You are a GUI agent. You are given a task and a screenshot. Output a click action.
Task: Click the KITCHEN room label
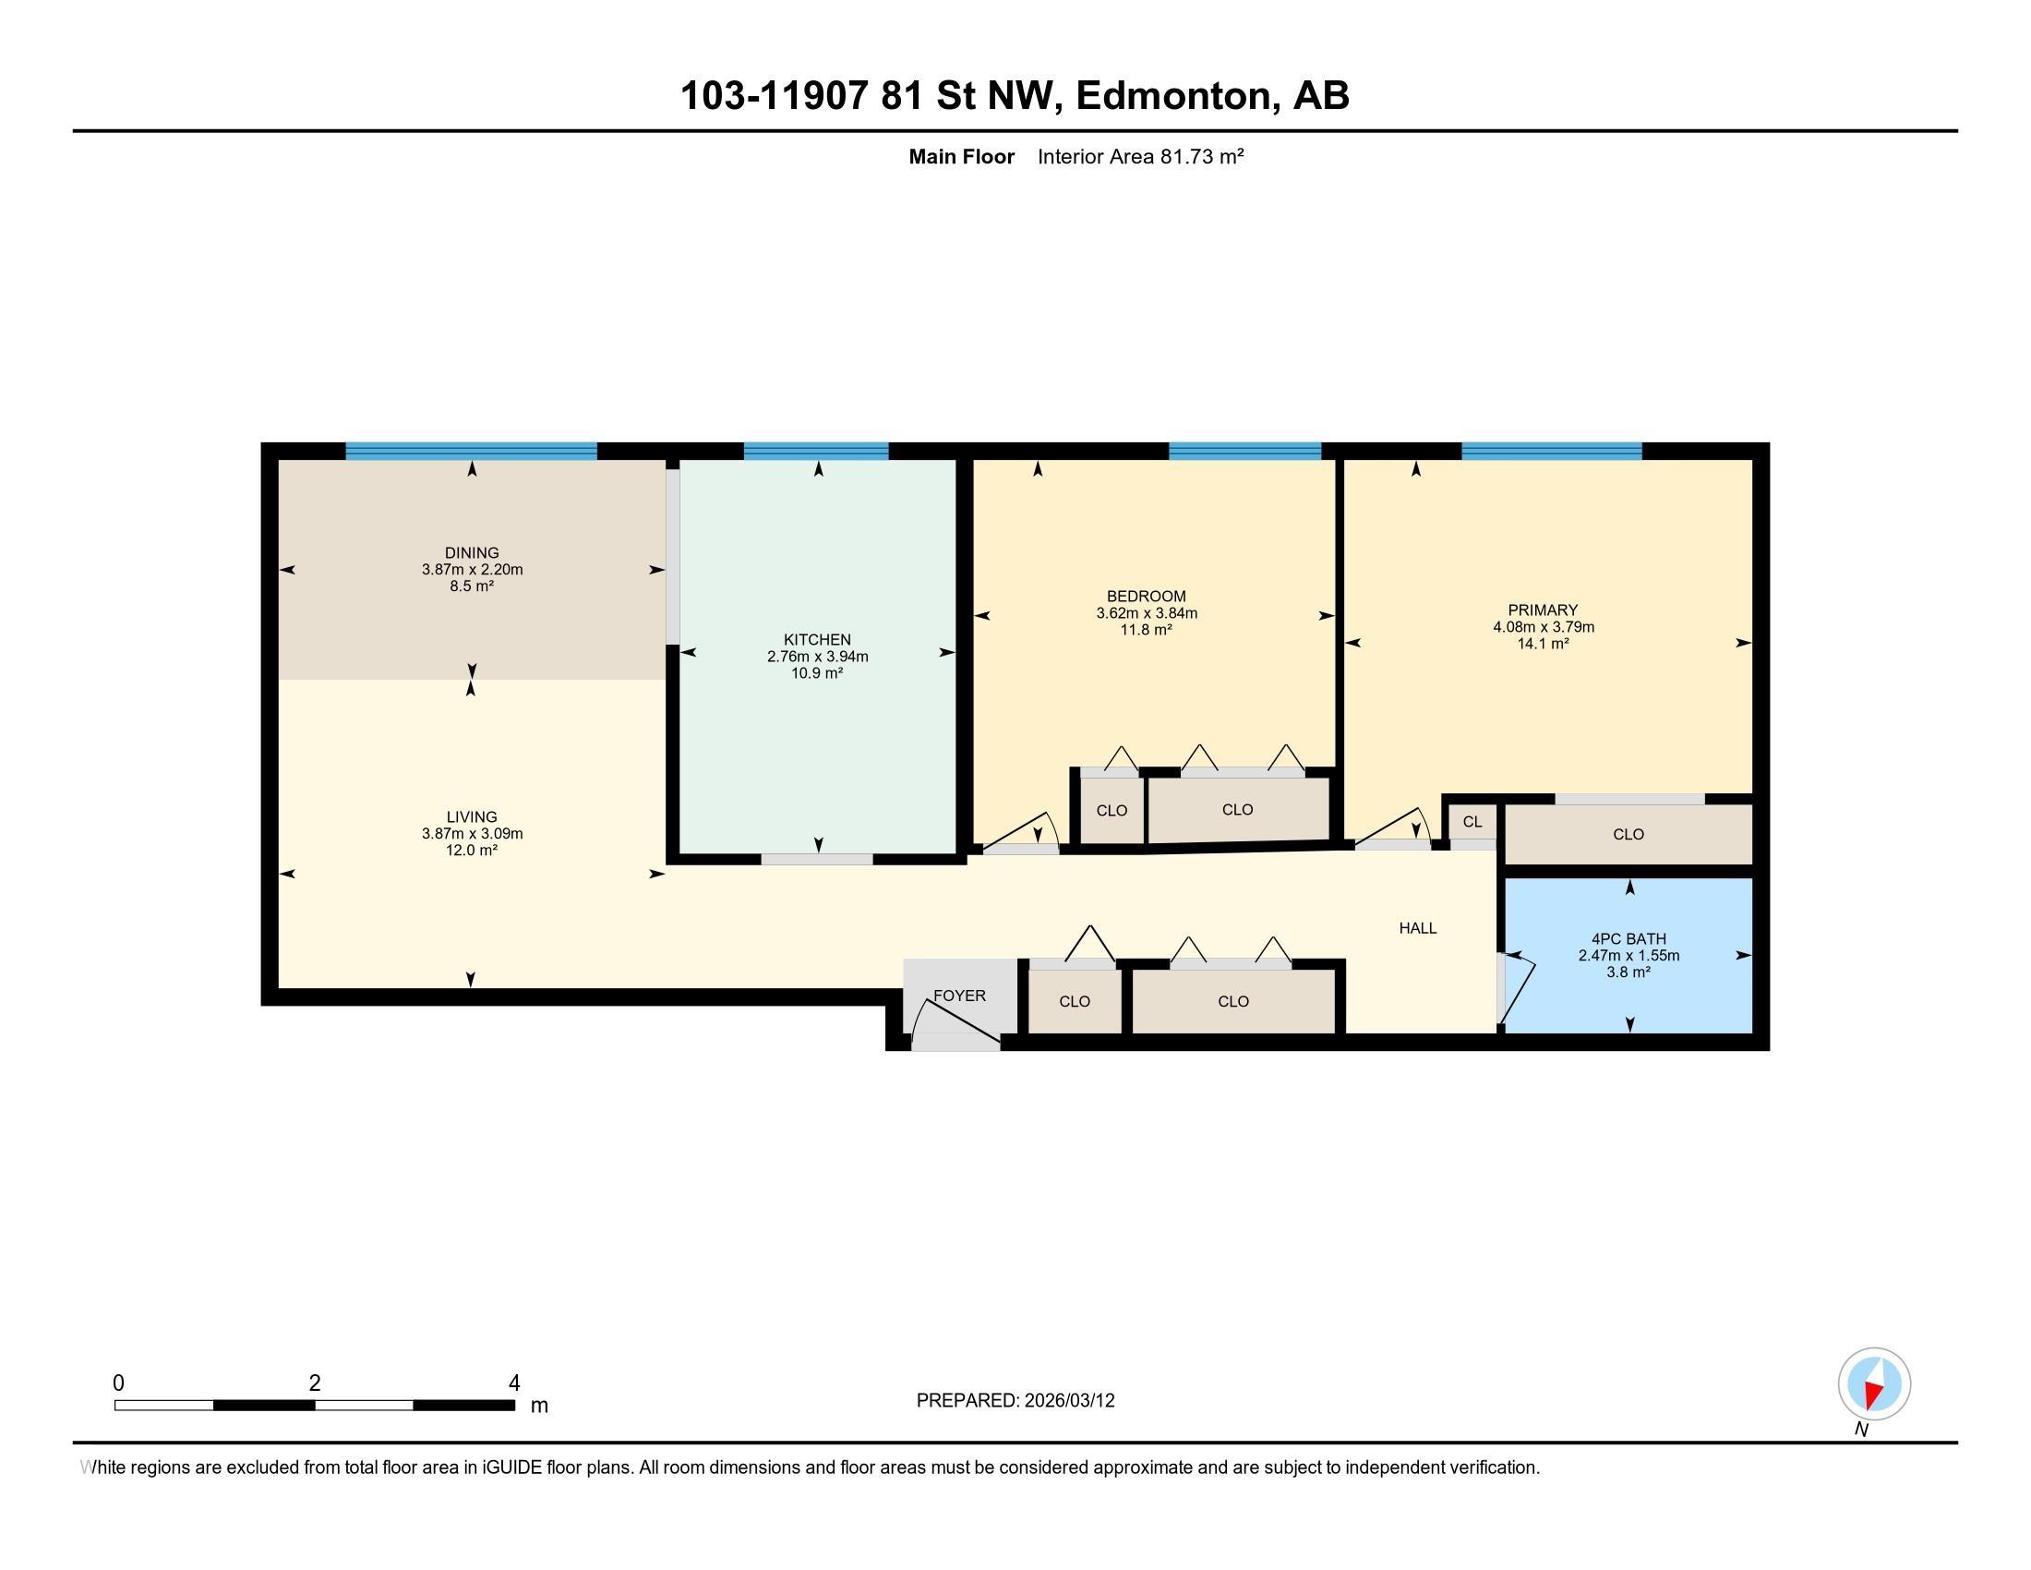point(816,640)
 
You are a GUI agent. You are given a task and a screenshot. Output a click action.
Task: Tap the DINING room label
point(472,552)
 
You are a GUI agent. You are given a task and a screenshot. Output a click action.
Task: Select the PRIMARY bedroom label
point(1543,610)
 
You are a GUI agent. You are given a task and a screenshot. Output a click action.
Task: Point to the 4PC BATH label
point(1628,939)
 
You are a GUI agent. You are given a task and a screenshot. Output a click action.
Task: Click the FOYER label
point(959,996)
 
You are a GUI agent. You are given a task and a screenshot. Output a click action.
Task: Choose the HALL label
point(1417,927)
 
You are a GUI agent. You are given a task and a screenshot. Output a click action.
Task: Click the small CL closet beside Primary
point(1472,822)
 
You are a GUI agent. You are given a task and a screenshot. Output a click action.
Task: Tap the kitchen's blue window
point(815,451)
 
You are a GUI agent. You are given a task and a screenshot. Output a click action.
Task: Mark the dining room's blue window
point(471,451)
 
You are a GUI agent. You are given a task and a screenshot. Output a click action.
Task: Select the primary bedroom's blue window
point(1551,451)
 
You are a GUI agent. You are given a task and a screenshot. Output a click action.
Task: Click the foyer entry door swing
point(954,1021)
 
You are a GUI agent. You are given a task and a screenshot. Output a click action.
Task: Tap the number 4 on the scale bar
point(514,1383)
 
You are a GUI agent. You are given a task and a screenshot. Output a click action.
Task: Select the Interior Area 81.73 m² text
point(1140,156)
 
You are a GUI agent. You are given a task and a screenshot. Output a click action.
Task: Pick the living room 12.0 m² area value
point(472,850)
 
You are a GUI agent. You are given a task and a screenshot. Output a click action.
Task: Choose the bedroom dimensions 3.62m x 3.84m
point(1146,614)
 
